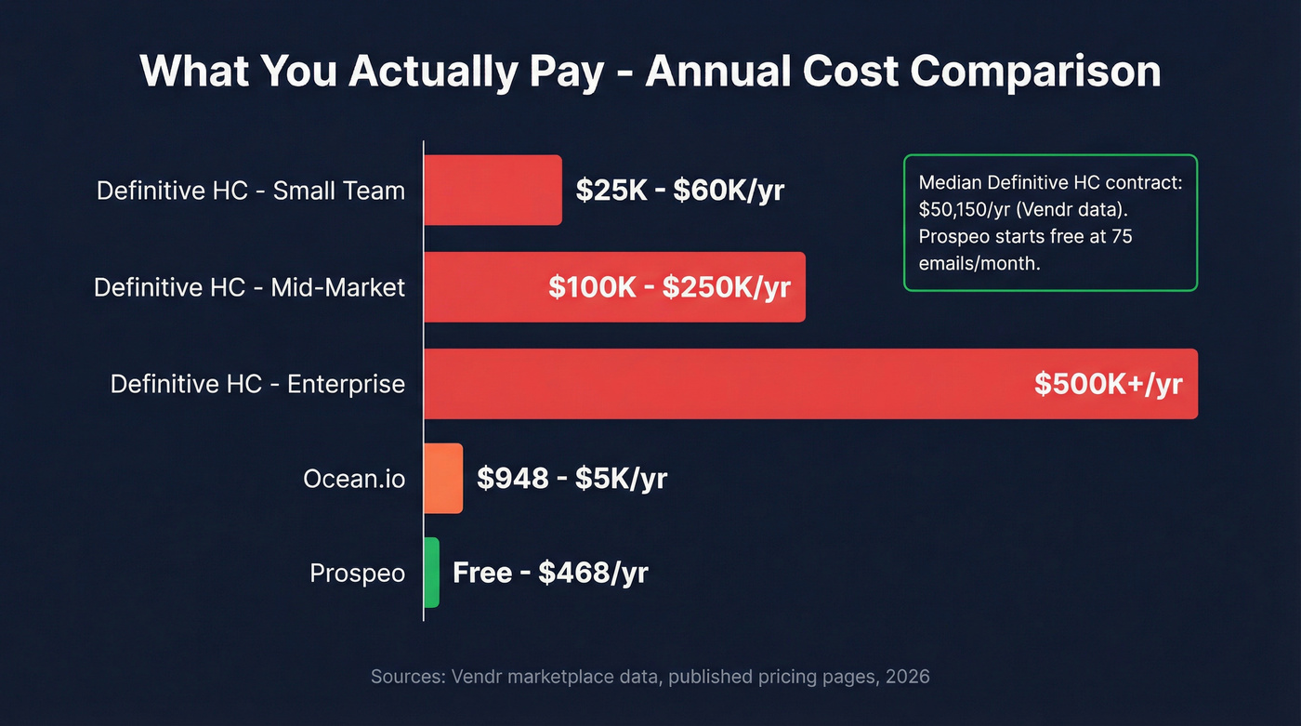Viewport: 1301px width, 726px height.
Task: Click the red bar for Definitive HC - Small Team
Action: point(493,190)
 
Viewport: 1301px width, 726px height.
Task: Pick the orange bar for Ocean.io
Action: point(442,478)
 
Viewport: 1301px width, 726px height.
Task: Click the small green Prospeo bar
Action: point(431,573)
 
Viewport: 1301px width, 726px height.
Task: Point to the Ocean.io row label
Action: point(354,479)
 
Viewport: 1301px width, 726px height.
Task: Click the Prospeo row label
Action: point(357,574)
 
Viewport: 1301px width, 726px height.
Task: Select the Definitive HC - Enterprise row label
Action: point(257,384)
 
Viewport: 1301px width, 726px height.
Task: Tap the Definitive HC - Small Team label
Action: point(251,191)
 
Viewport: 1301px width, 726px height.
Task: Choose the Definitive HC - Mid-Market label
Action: point(249,287)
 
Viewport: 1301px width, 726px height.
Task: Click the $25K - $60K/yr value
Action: point(680,191)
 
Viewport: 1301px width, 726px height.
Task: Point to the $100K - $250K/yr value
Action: point(669,287)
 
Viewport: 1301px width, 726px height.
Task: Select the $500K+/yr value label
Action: point(1108,384)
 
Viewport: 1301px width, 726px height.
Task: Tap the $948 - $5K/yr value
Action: point(572,479)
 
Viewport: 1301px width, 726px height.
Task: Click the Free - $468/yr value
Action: point(550,574)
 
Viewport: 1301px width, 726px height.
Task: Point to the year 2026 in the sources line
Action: point(908,677)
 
